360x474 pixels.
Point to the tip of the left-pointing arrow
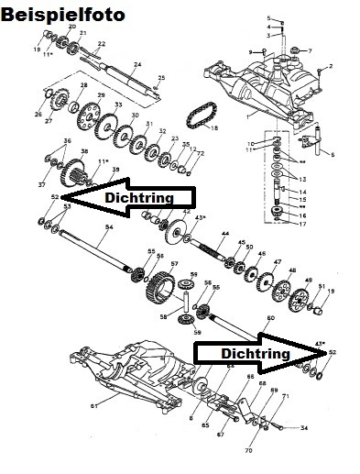(x=64, y=197)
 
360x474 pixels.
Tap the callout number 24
(x=137, y=64)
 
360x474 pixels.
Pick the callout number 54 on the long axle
(x=109, y=226)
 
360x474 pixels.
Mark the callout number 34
(x=304, y=428)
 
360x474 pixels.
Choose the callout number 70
(x=247, y=451)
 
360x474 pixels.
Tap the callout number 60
(x=270, y=318)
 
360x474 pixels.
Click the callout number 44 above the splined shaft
(x=223, y=236)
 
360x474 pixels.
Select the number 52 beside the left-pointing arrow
(x=55, y=197)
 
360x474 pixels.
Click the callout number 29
(x=101, y=95)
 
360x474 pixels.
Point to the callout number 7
(x=309, y=50)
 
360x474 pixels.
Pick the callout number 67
(x=220, y=434)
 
